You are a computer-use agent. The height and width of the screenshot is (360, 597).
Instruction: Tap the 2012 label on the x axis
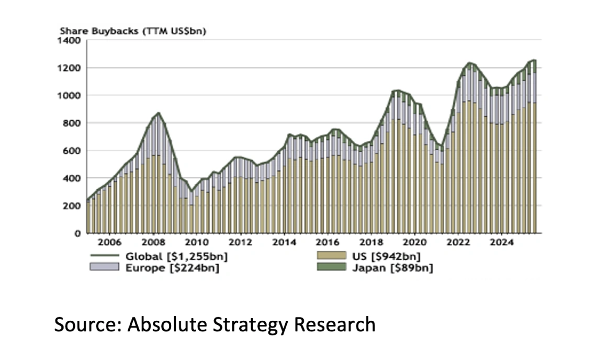(241, 243)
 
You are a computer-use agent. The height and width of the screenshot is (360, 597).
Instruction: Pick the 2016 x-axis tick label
(328, 243)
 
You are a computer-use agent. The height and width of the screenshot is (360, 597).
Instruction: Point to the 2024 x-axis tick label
(501, 243)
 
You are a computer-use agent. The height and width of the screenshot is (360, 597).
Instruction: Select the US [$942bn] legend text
(386, 256)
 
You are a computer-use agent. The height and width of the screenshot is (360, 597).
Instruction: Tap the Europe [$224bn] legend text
(173, 268)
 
